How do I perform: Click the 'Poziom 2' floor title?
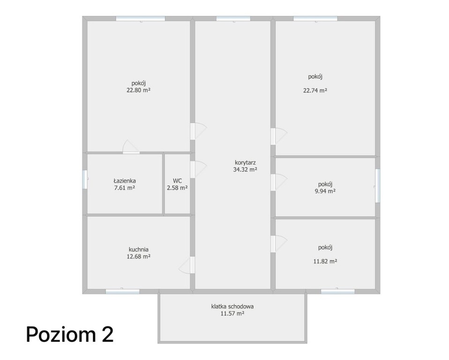tap(69, 334)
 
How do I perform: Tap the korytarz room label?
tap(245, 163)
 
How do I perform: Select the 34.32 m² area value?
tap(245, 170)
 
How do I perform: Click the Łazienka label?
tap(125, 181)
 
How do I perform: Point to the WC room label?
tap(177, 181)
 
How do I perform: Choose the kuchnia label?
tap(139, 249)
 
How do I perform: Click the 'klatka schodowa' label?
tap(232, 307)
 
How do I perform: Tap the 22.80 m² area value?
tap(139, 90)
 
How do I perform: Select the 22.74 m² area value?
tap(315, 90)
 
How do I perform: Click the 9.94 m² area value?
tap(325, 191)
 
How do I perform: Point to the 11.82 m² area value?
tap(325, 261)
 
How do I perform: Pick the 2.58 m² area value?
tap(177, 188)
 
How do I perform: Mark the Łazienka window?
tap(85, 180)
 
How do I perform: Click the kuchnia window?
tap(122, 292)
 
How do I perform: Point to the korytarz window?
tap(233, 19)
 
